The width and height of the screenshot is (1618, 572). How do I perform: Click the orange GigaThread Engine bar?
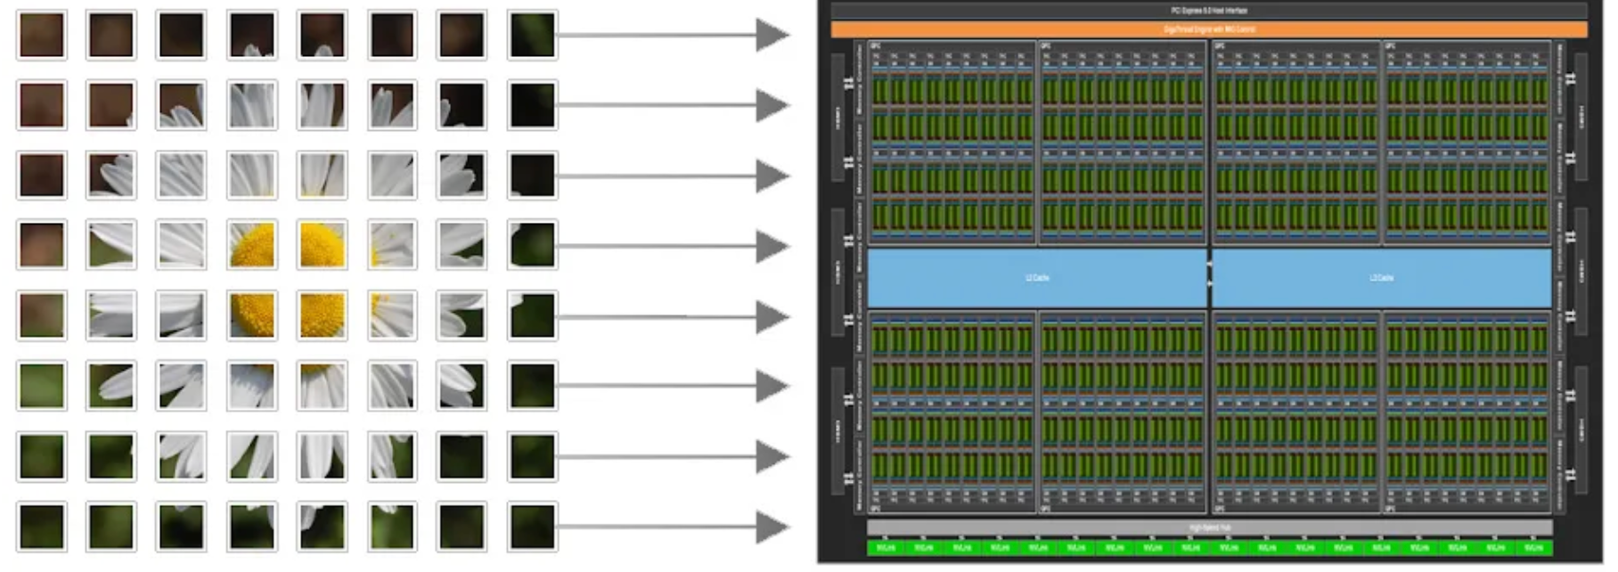click(1208, 29)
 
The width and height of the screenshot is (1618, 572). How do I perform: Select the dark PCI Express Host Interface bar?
click(1208, 11)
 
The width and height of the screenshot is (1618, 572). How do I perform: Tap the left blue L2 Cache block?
click(1037, 278)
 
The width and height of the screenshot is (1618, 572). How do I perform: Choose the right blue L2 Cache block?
click(1381, 278)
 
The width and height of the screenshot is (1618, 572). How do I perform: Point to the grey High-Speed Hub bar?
click(1208, 527)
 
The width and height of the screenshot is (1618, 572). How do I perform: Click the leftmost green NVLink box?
click(887, 548)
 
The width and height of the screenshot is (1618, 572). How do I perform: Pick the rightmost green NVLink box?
click(1533, 548)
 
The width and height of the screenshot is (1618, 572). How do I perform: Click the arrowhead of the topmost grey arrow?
click(772, 36)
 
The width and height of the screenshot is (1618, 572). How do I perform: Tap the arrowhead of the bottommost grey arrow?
click(772, 527)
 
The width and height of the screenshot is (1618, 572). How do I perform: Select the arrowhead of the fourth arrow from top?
click(772, 246)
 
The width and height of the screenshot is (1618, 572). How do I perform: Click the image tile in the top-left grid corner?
click(41, 36)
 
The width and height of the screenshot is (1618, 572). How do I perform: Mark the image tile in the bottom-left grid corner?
click(41, 527)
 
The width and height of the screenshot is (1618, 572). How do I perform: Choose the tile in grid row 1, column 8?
click(532, 36)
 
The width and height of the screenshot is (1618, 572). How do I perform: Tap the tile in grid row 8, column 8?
click(532, 527)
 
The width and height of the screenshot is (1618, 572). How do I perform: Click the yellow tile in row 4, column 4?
click(252, 245)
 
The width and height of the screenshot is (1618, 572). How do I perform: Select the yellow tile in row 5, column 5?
click(322, 315)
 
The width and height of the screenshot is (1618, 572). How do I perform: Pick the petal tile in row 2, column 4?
click(252, 105)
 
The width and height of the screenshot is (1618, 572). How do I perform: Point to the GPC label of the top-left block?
click(876, 45)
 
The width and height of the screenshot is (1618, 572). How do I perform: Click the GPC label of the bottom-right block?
click(1391, 509)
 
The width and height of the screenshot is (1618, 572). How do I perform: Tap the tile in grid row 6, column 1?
click(41, 385)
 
